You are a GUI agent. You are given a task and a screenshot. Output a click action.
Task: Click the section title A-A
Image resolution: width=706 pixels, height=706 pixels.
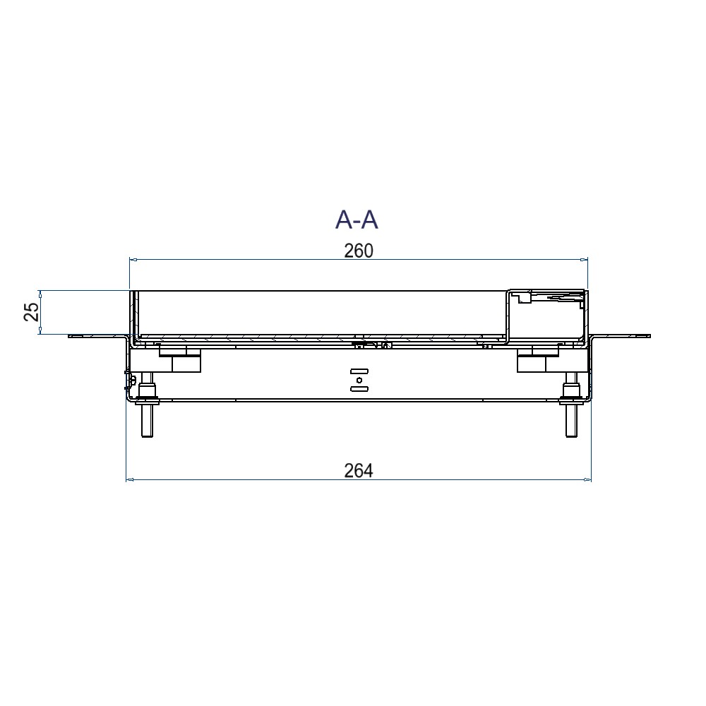356,220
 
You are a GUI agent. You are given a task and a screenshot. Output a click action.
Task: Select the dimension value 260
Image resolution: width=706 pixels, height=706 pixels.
359,251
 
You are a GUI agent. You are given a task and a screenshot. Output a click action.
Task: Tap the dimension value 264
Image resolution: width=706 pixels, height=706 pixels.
359,471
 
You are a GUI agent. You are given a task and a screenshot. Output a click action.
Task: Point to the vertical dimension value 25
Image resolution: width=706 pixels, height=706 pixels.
31,312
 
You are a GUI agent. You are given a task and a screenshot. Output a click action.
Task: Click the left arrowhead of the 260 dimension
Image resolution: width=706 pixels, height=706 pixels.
133,259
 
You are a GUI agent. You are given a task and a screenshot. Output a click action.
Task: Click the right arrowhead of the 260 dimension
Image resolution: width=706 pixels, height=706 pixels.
584,259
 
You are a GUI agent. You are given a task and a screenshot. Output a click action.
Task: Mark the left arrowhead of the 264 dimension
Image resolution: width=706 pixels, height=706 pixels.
130,480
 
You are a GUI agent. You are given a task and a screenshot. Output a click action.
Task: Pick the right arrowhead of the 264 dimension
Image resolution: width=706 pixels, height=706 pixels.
587,480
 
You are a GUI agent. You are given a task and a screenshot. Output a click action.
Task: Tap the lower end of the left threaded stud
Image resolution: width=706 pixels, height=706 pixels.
148,436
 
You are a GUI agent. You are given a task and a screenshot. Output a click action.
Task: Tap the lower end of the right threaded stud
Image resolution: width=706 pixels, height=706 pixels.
571,436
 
